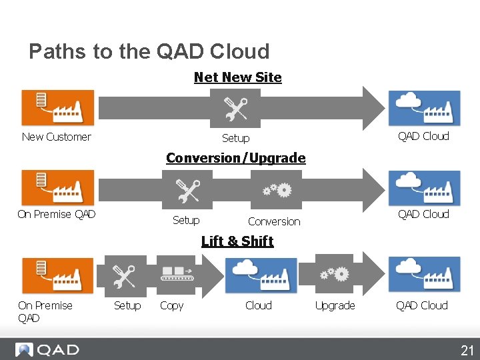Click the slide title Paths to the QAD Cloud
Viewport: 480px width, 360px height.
(149, 51)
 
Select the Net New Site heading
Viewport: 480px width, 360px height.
(237, 77)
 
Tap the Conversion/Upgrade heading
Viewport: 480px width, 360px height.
(235, 158)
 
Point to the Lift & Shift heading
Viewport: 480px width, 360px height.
(237, 241)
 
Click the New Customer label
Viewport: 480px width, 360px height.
(56, 137)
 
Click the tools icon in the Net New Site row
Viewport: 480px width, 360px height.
(235, 108)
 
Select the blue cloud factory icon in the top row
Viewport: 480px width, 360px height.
(424, 107)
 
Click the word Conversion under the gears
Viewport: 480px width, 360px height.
(274, 221)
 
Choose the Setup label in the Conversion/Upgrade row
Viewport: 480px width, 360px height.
(186, 220)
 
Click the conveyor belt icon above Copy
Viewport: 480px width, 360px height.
(177, 275)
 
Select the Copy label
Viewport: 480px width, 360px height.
(171, 305)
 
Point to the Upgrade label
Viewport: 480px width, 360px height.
(335, 305)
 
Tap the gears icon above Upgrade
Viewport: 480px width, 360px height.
(334, 273)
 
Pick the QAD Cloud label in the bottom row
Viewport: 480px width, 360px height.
(421, 305)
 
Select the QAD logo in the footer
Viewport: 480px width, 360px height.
(48, 349)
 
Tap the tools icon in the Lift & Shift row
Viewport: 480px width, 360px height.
(123, 275)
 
